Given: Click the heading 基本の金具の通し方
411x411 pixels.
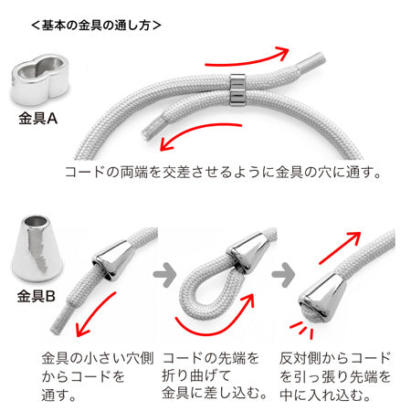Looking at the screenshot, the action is click(96, 26).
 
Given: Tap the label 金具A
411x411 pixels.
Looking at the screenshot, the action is click(37, 118).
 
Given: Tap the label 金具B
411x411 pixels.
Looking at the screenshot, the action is click(37, 296).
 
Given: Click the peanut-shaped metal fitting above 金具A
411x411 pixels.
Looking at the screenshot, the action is click(39, 79).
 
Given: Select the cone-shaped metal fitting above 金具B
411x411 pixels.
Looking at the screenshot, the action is click(37, 248).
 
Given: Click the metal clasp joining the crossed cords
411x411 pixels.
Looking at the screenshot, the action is click(237, 90).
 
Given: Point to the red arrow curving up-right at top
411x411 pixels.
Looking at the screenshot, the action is click(248, 59).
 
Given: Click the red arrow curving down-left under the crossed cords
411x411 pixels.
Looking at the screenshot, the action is click(198, 134).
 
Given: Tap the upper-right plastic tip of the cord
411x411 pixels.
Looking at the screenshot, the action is click(310, 62).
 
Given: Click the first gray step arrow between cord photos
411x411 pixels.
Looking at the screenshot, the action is click(164, 275).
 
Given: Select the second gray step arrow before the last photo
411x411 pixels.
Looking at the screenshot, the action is click(283, 275).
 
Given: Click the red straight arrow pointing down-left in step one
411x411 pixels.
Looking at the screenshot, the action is click(96, 314).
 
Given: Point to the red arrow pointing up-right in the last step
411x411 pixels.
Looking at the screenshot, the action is click(340, 248).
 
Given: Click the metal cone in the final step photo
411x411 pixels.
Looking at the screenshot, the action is click(322, 297).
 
